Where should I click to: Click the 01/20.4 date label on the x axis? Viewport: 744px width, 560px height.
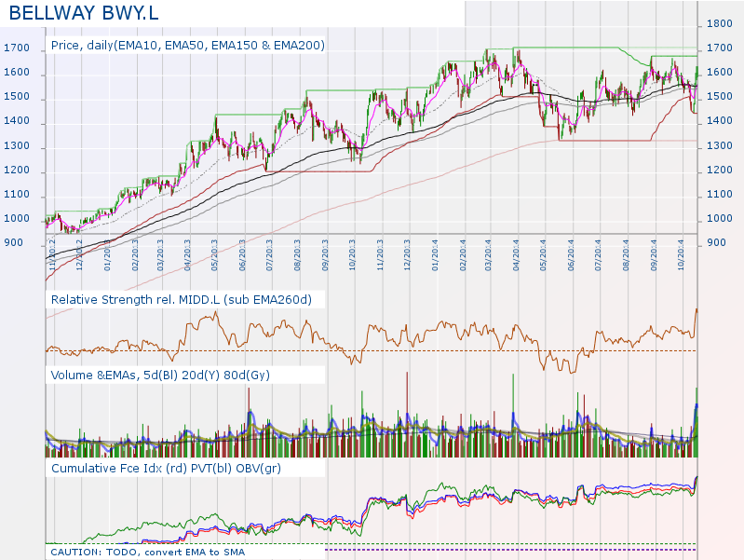435,253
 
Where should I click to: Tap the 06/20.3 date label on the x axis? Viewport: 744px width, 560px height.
242,253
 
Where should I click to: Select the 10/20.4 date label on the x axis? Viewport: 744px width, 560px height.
682,253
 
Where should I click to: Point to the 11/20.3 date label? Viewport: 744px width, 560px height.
380,253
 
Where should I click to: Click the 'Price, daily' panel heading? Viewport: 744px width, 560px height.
187,44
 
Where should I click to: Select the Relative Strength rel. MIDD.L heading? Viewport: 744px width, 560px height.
181,299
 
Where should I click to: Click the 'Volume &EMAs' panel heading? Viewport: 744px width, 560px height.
160,375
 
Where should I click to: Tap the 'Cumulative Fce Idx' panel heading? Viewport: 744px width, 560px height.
166,469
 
